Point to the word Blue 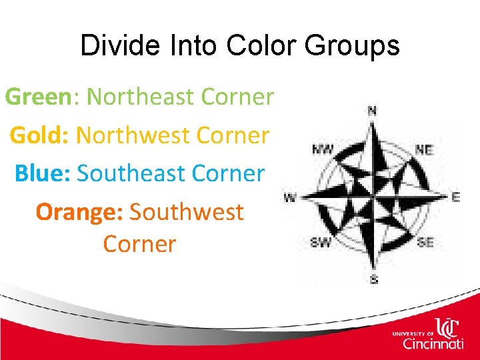tap(41, 173)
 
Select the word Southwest tap(187, 212)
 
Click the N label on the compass tap(372, 110)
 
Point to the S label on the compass tap(373, 280)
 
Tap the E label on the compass tap(456, 197)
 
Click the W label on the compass tap(290, 197)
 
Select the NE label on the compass tap(424, 151)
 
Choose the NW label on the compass tap(323, 149)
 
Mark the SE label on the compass tap(425, 243)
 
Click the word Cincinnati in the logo tap(433, 343)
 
